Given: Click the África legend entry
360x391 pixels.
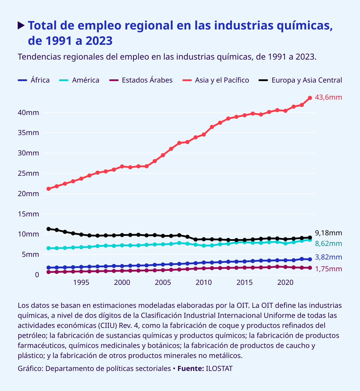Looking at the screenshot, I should [x=34, y=80].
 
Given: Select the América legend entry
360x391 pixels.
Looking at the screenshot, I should [x=80, y=80].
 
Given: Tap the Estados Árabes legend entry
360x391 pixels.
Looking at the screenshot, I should [x=141, y=80].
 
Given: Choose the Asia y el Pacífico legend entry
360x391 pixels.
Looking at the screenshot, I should [x=216, y=80].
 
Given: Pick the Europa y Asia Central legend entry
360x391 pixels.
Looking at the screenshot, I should [x=300, y=80].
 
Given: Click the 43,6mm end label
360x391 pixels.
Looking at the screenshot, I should [x=328, y=97].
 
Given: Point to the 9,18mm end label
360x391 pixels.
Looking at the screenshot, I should [x=328, y=233].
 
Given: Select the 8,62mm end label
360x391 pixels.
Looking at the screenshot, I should [x=328, y=244].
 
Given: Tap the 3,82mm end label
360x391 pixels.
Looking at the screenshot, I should [x=328, y=257].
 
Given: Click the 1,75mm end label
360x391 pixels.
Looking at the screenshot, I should [x=328, y=269].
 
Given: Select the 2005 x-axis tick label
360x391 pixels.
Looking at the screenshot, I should [x=163, y=282].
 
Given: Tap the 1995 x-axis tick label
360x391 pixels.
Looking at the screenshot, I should [x=81, y=282].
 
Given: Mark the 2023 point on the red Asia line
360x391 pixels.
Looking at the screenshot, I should [x=310, y=98].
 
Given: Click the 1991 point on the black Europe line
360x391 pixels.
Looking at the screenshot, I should [x=48, y=229].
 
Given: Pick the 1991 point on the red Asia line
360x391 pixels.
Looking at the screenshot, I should [x=48, y=189].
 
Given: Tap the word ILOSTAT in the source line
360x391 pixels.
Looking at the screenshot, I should [x=219, y=369].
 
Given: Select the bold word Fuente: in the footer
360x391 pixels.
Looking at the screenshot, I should [x=191, y=369].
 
